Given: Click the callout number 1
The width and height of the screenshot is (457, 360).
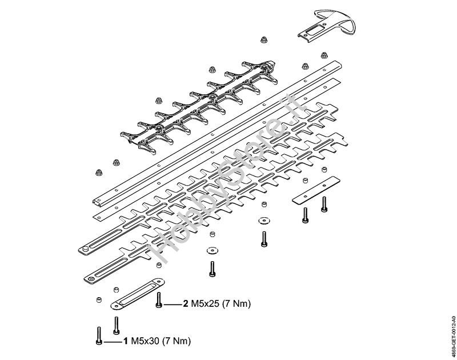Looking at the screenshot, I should tap(125, 342).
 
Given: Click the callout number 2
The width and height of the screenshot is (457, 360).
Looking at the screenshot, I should tap(186, 303).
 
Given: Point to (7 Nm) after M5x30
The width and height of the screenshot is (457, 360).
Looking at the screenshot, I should tap(176, 342).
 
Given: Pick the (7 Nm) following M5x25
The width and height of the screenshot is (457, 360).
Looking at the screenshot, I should tap(236, 303).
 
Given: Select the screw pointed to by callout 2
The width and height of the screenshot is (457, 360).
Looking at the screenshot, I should tap(159, 299).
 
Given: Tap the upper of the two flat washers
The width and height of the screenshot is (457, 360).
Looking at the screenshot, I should tap(264, 220).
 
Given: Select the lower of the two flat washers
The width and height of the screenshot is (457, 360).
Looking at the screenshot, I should tap(213, 250).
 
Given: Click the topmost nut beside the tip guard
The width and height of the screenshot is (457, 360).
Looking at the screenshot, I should tap(264, 40).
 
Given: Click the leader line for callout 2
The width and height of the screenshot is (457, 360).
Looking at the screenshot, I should tap(173, 304).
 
